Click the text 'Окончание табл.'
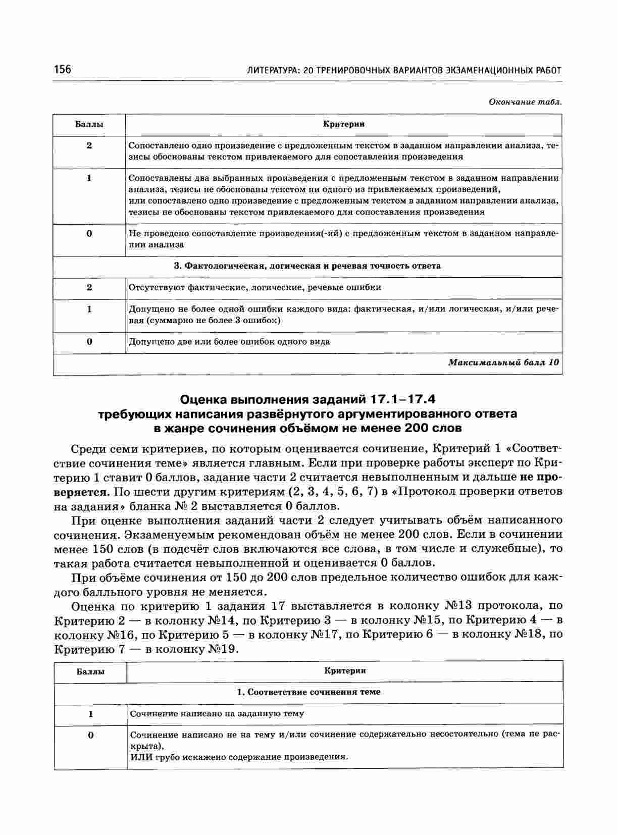click(x=525, y=102)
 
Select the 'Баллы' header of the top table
click(x=89, y=124)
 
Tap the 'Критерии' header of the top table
click(x=344, y=124)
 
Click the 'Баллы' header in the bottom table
click(x=90, y=671)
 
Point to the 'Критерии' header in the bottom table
click(x=345, y=671)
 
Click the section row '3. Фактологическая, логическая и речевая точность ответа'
click(x=307, y=266)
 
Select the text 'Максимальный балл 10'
click(x=503, y=362)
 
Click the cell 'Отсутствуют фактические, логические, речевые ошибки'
click(x=255, y=288)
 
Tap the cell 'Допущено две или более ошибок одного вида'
click(x=229, y=342)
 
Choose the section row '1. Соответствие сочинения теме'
click(x=308, y=692)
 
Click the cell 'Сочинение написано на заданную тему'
click(x=217, y=714)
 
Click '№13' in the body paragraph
click(x=458, y=606)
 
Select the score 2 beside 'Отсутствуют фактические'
click(x=89, y=288)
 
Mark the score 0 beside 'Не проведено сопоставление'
click(x=89, y=234)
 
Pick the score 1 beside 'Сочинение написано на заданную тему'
click(x=91, y=714)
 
